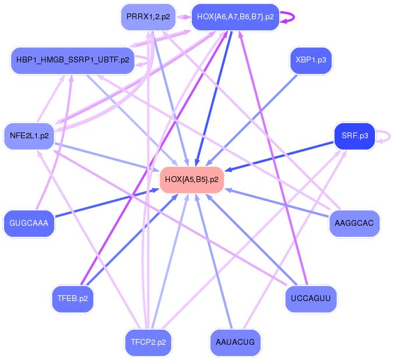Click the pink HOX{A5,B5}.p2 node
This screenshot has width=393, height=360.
point(192,179)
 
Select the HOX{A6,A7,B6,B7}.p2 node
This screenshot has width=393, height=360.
point(236,17)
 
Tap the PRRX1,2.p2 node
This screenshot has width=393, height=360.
point(148,17)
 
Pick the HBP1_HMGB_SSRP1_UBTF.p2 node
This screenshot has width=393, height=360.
point(73,60)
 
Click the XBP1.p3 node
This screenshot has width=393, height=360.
point(311,60)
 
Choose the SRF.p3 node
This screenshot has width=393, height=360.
point(355,136)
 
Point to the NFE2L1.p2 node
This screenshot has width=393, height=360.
point(29,136)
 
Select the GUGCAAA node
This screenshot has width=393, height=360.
point(29,222)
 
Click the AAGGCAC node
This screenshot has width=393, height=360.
point(355,222)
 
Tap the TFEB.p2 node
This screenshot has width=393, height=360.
point(73,299)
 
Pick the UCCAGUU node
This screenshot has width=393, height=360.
point(311,299)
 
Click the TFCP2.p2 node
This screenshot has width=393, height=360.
point(148,342)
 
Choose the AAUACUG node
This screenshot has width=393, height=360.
point(235,342)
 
